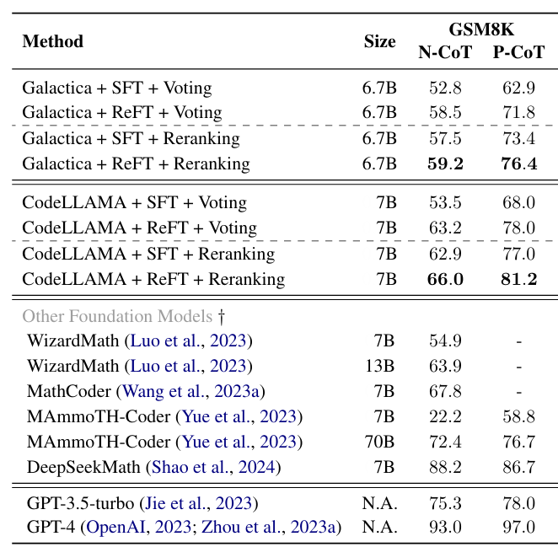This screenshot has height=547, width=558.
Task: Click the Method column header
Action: point(53,41)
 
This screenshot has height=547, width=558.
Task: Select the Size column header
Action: point(379,41)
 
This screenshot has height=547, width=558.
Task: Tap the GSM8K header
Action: point(481,30)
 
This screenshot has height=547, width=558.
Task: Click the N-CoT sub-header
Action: point(446,52)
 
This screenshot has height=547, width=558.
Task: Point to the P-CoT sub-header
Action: point(518,52)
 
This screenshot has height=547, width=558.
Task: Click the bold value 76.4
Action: point(518,164)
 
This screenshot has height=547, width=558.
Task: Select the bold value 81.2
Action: point(518,279)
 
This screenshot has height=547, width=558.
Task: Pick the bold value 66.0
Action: point(446,279)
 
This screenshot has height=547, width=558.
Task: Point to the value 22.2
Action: point(446,416)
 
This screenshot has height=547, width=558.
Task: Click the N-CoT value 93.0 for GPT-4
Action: point(446,528)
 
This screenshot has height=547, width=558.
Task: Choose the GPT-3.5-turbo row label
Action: point(79,503)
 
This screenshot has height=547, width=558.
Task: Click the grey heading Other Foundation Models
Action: point(117,317)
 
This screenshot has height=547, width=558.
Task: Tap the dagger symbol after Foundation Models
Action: point(221,317)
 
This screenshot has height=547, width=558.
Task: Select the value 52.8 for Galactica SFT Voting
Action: point(446,88)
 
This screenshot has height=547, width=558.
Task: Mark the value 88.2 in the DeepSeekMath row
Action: point(446,467)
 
